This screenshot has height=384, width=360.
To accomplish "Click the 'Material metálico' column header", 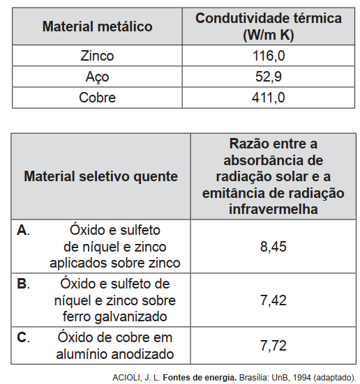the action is (x=98, y=26).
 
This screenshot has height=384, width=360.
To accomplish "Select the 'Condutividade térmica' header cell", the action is (x=269, y=26).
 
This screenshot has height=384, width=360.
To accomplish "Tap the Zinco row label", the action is (x=97, y=56).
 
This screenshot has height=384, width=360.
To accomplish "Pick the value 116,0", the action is (x=269, y=56).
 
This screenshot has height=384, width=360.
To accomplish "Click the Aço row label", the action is (x=97, y=77).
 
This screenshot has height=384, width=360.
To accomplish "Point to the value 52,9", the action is (x=269, y=77).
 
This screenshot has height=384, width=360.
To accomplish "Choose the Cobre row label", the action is (x=97, y=98).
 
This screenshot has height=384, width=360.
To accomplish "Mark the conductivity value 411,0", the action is (x=269, y=98).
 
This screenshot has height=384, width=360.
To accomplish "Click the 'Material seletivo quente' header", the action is (x=100, y=176).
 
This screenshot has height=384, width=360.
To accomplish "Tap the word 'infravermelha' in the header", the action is (x=273, y=209).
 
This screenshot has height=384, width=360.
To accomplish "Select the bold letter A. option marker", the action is (x=23, y=230).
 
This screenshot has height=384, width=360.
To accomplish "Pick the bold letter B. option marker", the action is (x=23, y=284).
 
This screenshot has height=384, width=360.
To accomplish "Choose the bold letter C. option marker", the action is (x=23, y=337).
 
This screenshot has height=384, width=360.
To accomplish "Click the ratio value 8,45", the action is (x=273, y=247).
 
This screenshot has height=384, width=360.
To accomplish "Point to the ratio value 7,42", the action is (x=273, y=300).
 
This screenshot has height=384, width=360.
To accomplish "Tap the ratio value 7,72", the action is (x=273, y=346).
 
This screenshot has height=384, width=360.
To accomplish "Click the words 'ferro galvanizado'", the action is (x=115, y=316).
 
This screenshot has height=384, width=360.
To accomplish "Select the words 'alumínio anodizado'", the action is (x=115, y=354).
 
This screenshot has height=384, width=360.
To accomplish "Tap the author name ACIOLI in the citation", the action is (x=126, y=378).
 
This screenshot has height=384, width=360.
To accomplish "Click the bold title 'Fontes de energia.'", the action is (x=200, y=378).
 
